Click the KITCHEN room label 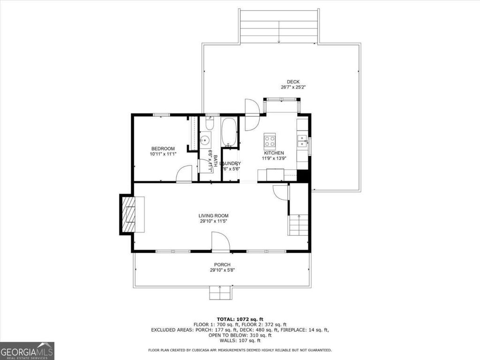[x=274, y=153]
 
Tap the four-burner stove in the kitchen [x=270, y=139]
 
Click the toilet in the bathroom [x=209, y=124]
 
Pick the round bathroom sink [x=205, y=140]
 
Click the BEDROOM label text [x=163, y=149]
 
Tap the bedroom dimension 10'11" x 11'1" [x=163, y=154]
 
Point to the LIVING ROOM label [x=213, y=216]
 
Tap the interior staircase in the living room [x=299, y=224]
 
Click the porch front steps [x=220, y=293]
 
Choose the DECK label [x=293, y=82]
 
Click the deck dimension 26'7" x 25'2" [x=293, y=87]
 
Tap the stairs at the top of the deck [x=279, y=26]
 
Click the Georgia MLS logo [x=27, y=351]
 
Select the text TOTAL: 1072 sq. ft [x=240, y=319]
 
